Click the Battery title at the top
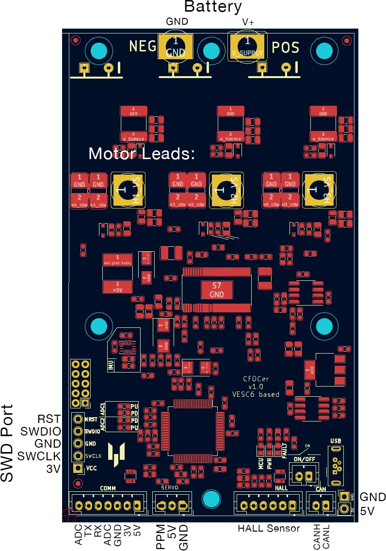(x=213, y=7)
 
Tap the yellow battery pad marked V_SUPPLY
(x=247, y=47)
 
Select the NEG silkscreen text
(x=143, y=47)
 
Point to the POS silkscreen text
(x=285, y=48)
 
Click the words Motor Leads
(x=141, y=154)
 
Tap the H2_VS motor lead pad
(x=226, y=190)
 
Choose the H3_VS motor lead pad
(x=320, y=190)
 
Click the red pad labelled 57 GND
(x=216, y=290)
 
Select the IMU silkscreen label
(x=111, y=365)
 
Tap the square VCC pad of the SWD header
(x=77, y=469)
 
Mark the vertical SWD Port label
(x=7, y=443)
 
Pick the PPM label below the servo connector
(x=161, y=536)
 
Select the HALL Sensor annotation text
(x=269, y=528)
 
